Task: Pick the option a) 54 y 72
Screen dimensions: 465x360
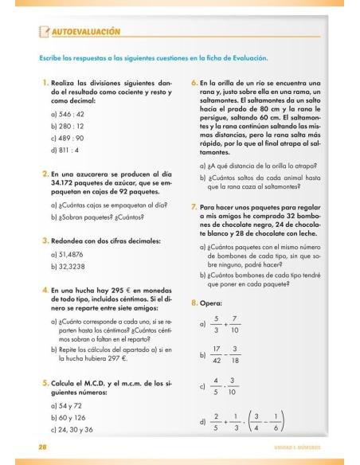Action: [x=65, y=405]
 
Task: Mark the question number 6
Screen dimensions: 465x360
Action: [x=195, y=82]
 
